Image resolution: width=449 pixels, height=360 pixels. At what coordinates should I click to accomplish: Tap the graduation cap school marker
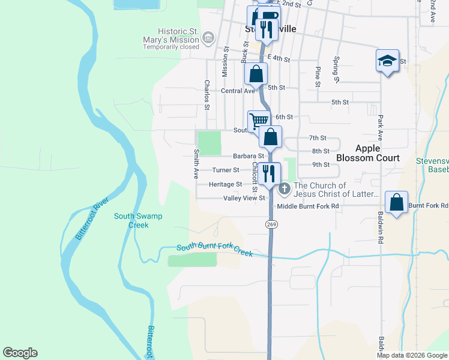click(387, 61)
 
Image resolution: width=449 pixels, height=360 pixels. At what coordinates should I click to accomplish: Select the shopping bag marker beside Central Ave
click(256, 75)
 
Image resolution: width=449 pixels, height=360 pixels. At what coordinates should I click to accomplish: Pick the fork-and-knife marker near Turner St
click(268, 173)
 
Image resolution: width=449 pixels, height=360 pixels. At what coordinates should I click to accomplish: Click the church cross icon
click(284, 189)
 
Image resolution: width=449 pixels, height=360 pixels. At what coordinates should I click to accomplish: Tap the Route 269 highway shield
click(271, 224)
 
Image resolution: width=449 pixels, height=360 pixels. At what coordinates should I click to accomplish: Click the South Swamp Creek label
click(131, 220)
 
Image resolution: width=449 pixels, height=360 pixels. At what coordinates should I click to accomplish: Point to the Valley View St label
click(244, 198)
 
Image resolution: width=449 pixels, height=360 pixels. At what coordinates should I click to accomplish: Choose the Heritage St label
click(226, 184)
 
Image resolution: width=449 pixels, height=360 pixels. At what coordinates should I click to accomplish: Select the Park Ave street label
click(381, 128)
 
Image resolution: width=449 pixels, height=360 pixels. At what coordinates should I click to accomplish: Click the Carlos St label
click(206, 95)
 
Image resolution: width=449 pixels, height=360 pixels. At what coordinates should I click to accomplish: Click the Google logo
click(20, 353)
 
